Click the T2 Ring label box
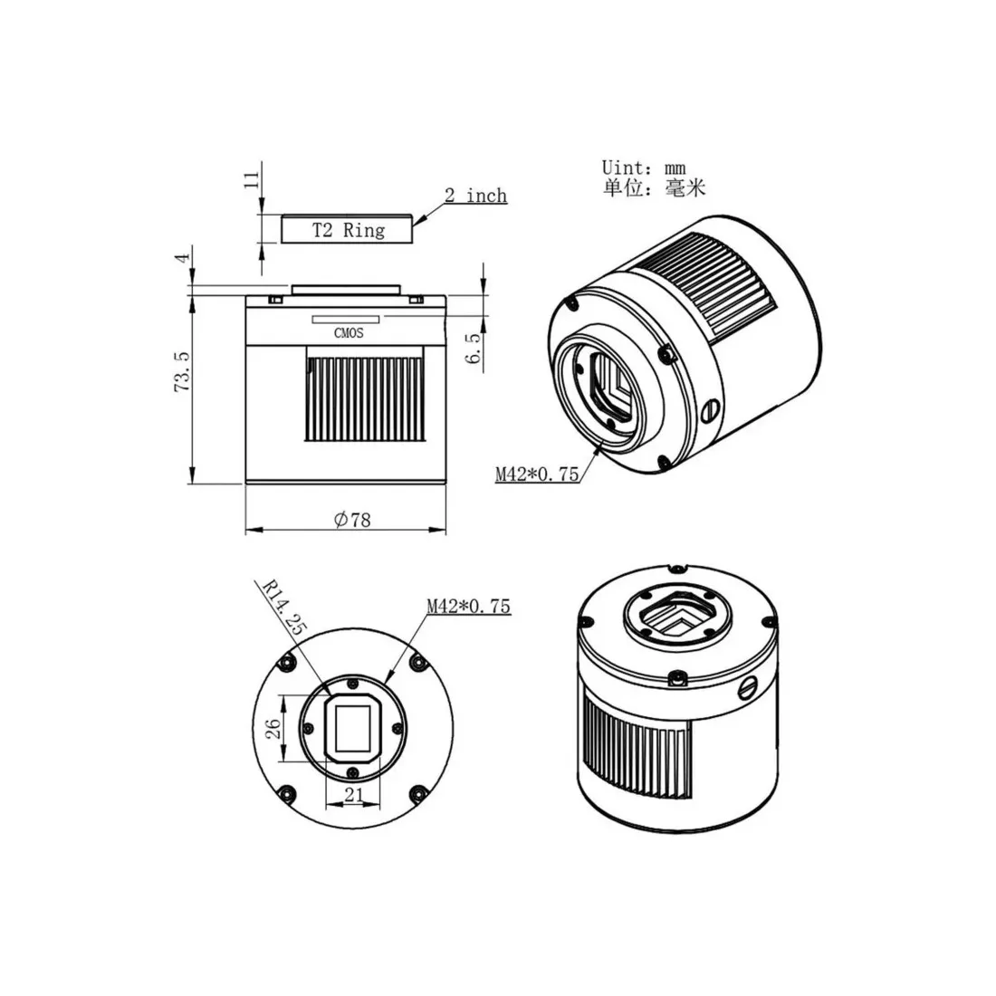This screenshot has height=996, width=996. click(347, 229)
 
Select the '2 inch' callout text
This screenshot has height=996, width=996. click(475, 195)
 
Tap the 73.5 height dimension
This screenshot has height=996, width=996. click(182, 371)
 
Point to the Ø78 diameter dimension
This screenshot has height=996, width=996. click(352, 520)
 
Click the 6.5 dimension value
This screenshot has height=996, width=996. click(474, 349)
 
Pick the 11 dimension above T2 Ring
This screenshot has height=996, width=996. click(253, 179)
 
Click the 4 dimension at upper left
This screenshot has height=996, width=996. click(183, 258)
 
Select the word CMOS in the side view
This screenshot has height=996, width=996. click(349, 333)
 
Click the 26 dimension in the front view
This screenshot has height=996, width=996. click(273, 728)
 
